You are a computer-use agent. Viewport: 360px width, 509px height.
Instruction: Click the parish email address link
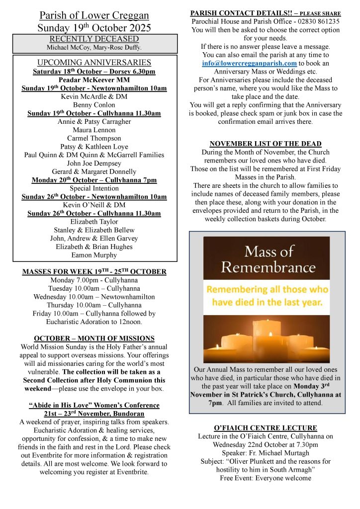pos(249,64)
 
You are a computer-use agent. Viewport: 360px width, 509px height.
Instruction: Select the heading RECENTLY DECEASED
pos(94,39)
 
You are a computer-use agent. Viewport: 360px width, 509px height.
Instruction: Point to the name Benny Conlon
pos(94,105)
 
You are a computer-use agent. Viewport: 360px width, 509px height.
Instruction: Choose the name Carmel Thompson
pos(94,138)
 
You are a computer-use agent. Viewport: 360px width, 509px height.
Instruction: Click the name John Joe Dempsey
pos(94,163)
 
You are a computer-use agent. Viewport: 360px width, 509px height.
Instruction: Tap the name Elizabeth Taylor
pos(94,222)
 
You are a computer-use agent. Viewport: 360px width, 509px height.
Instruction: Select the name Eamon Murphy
pos(94,255)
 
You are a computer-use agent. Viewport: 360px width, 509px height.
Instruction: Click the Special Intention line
pos(94,188)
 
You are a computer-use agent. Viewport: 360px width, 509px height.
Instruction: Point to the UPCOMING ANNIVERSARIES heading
pos(94,63)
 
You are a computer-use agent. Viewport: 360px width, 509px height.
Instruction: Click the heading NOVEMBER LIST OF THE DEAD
pos(266,144)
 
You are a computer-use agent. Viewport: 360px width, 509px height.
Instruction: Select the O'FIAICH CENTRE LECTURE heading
pos(266,427)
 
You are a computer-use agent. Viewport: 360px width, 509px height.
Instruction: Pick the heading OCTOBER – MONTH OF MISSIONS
pos(94,338)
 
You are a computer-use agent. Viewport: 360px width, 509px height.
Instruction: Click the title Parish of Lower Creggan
pos(94,15)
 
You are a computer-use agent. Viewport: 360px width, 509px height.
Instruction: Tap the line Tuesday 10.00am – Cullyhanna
pos(94,288)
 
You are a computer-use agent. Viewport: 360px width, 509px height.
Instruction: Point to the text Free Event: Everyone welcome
pos(266,478)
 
